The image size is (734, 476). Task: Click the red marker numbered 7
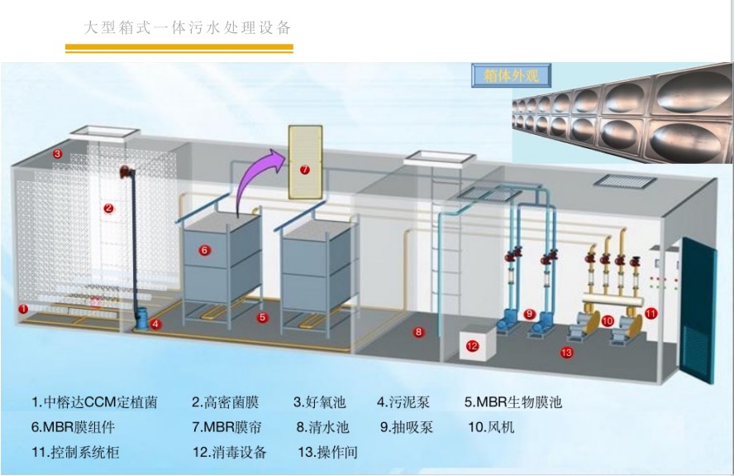pyautogui.click(x=304, y=170)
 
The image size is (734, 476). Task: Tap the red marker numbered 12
pyautogui.click(x=473, y=346)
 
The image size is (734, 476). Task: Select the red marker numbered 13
pyautogui.click(x=566, y=353)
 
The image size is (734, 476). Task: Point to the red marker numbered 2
pyautogui.click(x=108, y=209)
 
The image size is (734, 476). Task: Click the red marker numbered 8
pyautogui.click(x=418, y=332)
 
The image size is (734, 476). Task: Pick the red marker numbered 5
pyautogui.click(x=262, y=316)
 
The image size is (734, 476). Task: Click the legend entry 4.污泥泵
pyautogui.click(x=405, y=403)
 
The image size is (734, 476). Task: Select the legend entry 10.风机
pyautogui.click(x=491, y=427)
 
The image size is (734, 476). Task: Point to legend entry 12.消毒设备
pyautogui.click(x=229, y=452)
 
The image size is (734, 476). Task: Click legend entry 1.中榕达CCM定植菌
pyautogui.click(x=94, y=403)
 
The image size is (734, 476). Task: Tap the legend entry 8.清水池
pyautogui.click(x=322, y=427)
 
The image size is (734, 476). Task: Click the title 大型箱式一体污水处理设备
pyautogui.click(x=188, y=27)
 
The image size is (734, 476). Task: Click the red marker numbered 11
pyautogui.click(x=651, y=314)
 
